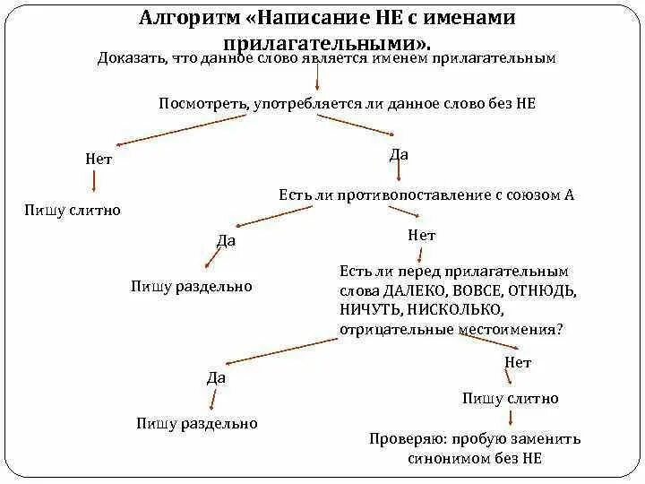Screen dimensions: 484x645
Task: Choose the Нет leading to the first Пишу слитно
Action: coord(99,159)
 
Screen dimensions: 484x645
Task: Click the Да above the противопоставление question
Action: coord(400,155)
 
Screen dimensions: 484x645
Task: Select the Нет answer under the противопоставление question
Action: coord(421,236)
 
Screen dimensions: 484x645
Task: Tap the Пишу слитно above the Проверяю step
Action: coord(510,399)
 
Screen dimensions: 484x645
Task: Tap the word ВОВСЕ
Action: coord(474,291)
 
